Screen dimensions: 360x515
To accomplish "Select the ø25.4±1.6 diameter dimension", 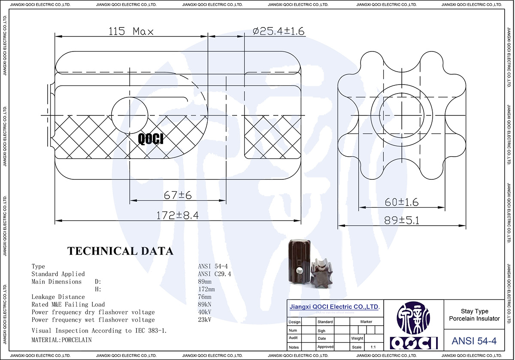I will (279, 31).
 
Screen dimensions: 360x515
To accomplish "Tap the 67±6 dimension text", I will (177, 195).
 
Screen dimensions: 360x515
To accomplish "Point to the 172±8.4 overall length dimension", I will (177, 215).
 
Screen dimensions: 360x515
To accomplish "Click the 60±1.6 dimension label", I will (401, 202).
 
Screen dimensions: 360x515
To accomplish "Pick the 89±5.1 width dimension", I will (401, 220).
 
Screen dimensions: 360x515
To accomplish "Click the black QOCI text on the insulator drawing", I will (151, 138).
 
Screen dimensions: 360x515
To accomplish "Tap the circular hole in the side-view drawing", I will (130, 115).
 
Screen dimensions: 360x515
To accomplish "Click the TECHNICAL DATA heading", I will (120, 251).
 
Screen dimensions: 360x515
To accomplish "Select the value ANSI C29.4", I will (214, 274).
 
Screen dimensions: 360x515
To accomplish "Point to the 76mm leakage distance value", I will (204, 297).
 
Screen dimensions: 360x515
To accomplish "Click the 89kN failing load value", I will (204, 305).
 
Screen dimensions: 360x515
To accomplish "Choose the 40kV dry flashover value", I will (204, 312).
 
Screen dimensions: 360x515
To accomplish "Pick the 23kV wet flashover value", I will (204, 320).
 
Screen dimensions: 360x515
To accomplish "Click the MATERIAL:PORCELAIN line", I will (61, 339).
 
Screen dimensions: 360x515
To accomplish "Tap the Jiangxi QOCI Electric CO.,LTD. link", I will (334, 307).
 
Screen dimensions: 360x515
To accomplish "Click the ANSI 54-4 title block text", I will (474, 341).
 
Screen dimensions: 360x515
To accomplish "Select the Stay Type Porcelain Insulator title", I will (474, 315).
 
